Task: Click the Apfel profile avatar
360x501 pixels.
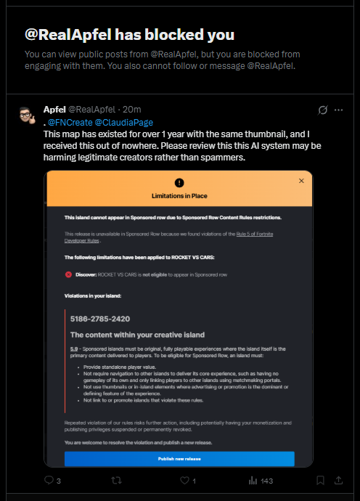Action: [x=25, y=115]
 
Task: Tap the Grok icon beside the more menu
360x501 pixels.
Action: [x=323, y=110]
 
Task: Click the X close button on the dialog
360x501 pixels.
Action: [x=301, y=180]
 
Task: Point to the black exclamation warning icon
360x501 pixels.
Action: [x=179, y=183]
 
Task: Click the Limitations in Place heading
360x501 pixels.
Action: [x=179, y=196]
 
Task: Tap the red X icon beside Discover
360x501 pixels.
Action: [x=68, y=274]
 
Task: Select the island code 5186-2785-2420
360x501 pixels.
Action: [x=100, y=319]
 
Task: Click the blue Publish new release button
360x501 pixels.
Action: [x=179, y=459]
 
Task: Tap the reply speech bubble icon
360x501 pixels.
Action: [x=49, y=480]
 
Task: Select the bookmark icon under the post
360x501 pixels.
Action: [x=319, y=480]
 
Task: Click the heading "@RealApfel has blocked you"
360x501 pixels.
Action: [x=129, y=36]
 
